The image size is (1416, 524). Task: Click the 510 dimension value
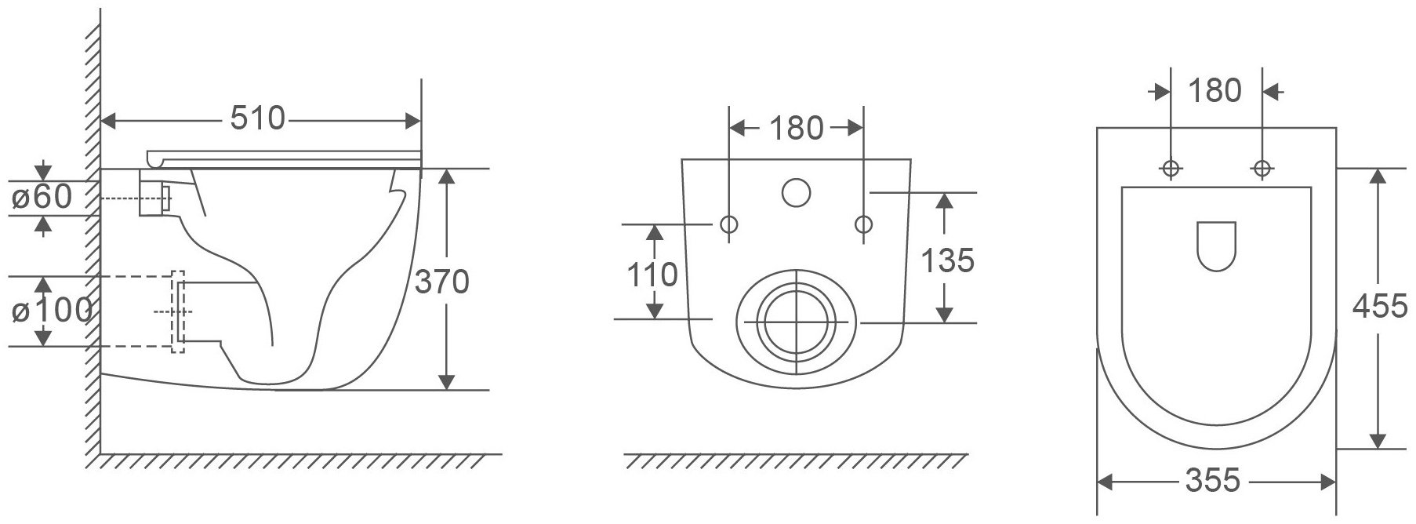point(257,118)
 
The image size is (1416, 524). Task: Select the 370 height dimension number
point(441,282)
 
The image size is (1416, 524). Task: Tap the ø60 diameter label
point(42,197)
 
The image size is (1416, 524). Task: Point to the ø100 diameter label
point(49,311)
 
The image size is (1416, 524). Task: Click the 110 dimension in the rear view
point(652,275)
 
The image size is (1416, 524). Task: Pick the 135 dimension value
point(947,260)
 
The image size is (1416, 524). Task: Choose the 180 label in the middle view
point(796,128)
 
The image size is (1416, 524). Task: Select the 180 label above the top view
point(1215,91)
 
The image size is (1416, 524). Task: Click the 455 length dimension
point(1380,306)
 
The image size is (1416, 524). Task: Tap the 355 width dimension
point(1212,480)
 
